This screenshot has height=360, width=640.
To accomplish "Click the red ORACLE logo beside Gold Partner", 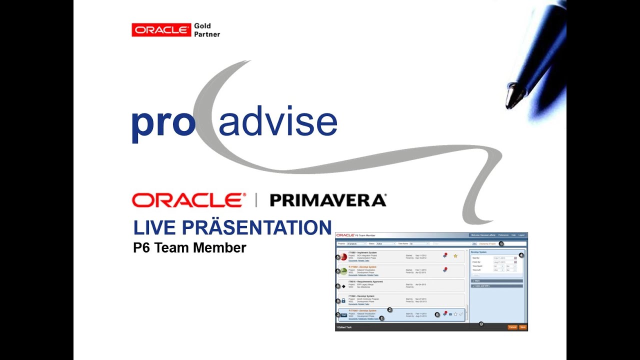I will pos(161,30).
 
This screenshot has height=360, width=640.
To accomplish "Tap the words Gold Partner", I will pos(206,30).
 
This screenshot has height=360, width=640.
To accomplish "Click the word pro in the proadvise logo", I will pos(163,123).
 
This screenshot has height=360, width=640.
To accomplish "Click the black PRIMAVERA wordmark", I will pos(328,200).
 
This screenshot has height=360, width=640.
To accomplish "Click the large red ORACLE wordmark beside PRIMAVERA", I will pos(189,200).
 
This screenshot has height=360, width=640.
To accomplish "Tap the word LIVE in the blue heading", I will pos(155,228).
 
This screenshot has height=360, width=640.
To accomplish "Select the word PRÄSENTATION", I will pos(256,227).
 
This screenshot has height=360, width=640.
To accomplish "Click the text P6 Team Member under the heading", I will pos(189,248).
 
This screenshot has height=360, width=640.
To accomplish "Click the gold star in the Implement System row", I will pos(455,256).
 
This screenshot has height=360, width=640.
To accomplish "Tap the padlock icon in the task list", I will pos(343,300).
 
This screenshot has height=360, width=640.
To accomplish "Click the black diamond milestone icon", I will pos(343,286).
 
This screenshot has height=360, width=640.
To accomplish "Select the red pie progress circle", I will pos(343,257).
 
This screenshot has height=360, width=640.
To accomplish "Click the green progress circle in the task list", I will pos(343,271).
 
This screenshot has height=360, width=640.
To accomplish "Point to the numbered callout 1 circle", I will pos(501,243).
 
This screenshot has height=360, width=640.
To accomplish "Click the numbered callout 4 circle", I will pos(521,255).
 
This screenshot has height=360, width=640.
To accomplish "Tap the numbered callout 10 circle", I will pos(481,324).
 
